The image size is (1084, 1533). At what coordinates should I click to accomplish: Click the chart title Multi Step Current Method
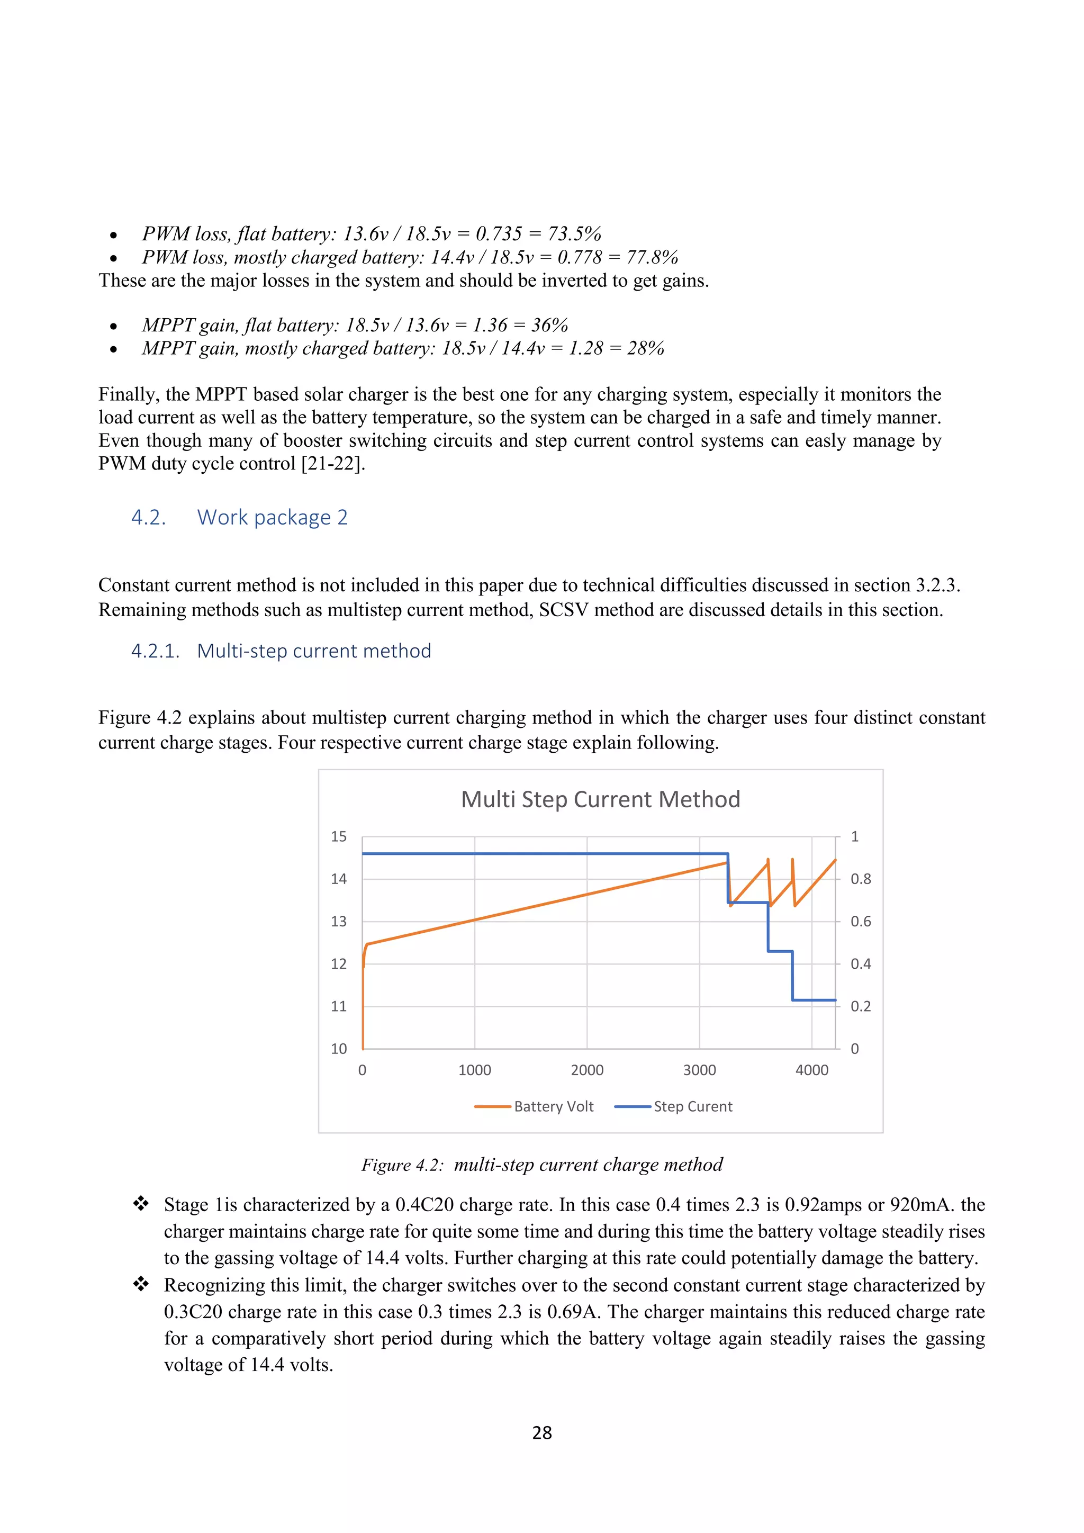600,799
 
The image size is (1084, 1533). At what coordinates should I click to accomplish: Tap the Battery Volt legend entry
553,1106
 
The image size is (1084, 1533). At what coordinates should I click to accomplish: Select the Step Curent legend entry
692,1106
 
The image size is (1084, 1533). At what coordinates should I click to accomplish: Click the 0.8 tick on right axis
861,879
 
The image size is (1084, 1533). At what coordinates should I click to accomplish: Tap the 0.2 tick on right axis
861,1006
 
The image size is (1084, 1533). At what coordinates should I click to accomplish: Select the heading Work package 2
273,518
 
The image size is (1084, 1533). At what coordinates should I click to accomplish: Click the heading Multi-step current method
314,651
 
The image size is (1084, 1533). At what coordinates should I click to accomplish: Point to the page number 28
542,1433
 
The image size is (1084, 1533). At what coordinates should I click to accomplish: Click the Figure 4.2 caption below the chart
542,1165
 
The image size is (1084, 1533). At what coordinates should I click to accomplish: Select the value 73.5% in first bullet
574,233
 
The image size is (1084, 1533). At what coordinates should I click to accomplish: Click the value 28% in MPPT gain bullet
645,348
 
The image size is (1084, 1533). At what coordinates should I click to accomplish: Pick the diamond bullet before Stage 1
141,1204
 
